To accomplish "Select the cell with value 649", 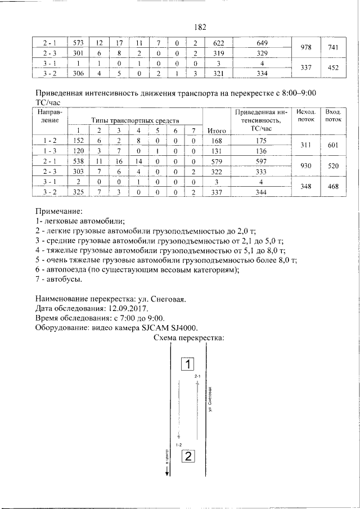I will [261, 43].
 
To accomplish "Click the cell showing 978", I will [306, 48].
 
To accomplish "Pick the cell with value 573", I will [78, 43].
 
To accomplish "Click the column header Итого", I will [217, 130].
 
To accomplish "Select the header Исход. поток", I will [306, 116].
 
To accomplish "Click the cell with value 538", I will [78, 160].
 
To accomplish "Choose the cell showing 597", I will [261, 160].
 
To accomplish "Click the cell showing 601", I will [333, 145].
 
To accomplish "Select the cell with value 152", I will [78, 141].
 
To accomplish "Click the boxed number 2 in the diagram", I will [188, 456].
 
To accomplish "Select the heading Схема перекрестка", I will [189, 338].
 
